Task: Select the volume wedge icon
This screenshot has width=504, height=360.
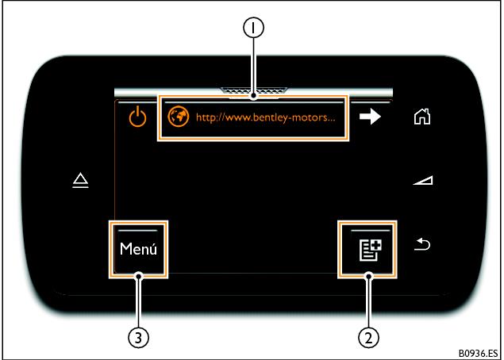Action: click(422, 182)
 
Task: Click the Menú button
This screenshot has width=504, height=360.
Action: click(139, 249)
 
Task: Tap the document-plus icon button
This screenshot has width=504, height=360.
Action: click(367, 249)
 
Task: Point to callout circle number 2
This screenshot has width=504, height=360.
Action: click(367, 337)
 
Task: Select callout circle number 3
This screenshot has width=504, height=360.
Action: click(139, 337)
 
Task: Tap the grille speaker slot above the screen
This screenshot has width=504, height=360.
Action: click(252, 90)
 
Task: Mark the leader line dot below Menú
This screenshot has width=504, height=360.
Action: click(139, 277)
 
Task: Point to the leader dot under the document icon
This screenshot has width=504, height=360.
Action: click(367, 277)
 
